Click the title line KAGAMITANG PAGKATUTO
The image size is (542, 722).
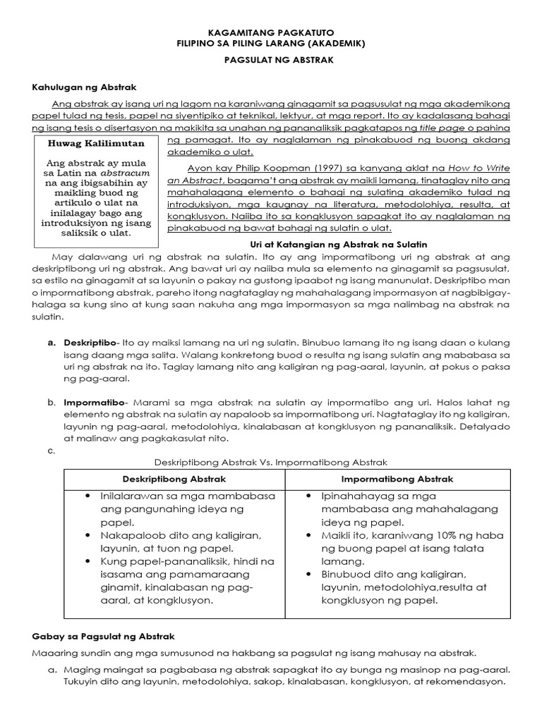coord(271,32)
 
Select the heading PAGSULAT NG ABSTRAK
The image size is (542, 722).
coord(271,61)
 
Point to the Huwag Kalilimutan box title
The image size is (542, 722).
coord(95,143)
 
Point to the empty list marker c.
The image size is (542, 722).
coord(51,450)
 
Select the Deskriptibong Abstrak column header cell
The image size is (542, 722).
coord(174,479)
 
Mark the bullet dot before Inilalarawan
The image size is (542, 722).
coord(87,496)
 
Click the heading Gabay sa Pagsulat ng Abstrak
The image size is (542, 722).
coord(98,637)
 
